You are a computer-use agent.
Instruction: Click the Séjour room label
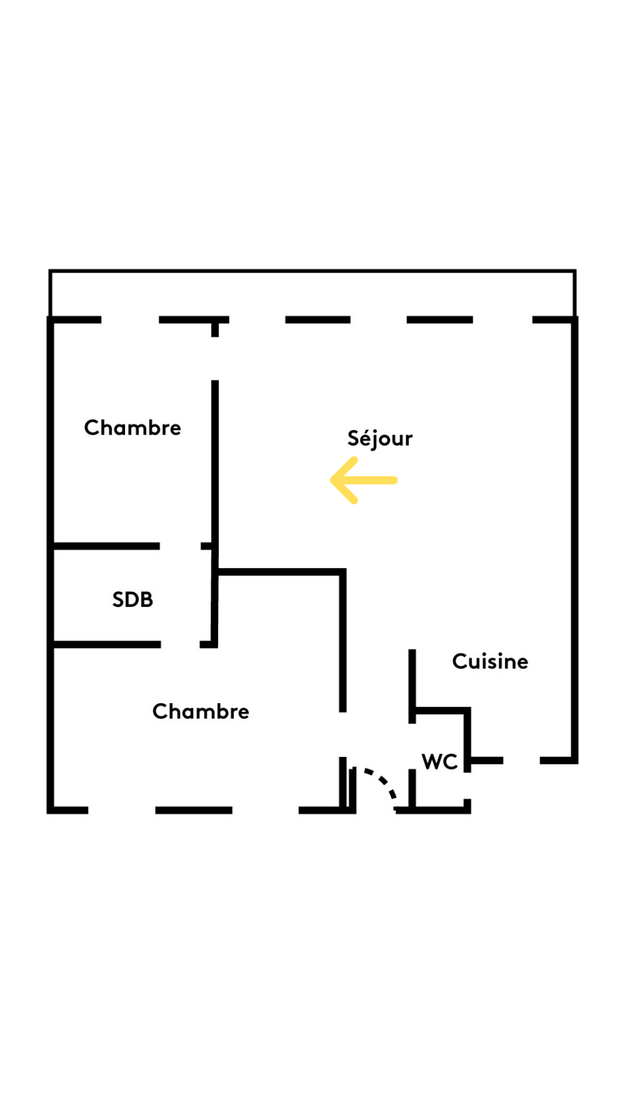[x=380, y=438]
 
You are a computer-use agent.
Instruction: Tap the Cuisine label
[x=490, y=661]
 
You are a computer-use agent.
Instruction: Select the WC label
[x=440, y=761]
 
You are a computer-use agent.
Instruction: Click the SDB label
[x=133, y=599]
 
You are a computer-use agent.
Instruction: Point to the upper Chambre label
[x=133, y=428]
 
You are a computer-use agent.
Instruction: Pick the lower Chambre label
[x=201, y=711]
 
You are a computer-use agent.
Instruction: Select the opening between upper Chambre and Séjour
[x=215, y=358]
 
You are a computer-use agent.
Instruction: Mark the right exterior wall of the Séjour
[x=575, y=538]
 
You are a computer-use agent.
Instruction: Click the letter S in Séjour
[x=352, y=438]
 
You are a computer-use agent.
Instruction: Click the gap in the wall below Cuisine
[x=521, y=760]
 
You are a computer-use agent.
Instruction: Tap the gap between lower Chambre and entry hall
[x=343, y=734]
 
